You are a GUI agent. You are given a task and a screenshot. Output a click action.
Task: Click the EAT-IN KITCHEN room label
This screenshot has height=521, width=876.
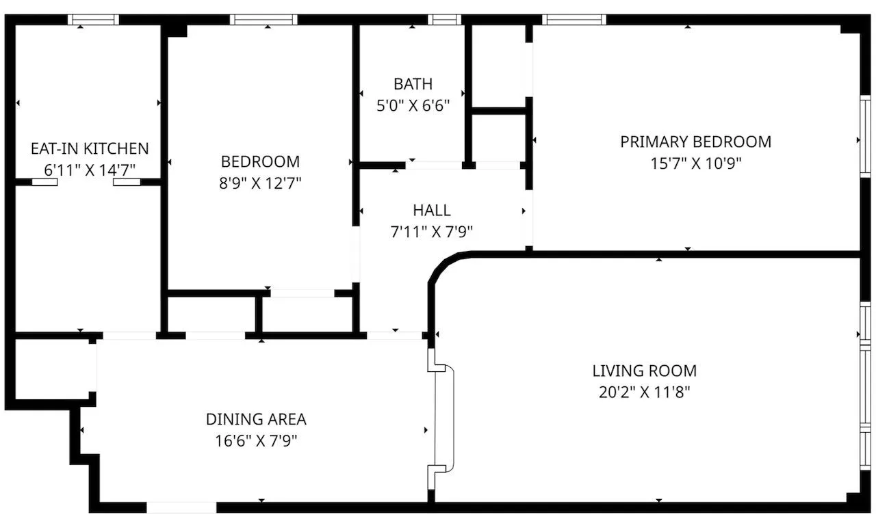pyautogui.click(x=90, y=149)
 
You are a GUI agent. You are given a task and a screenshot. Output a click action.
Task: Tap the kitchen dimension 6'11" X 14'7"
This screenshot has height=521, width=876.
pyautogui.click(x=90, y=170)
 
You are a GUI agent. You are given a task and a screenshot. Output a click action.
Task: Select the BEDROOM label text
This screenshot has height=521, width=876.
pyautogui.click(x=261, y=161)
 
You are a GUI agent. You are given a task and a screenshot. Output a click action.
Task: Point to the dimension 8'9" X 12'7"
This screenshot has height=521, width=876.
pyautogui.click(x=260, y=183)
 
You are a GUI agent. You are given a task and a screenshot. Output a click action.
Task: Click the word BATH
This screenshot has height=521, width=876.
pyautogui.click(x=413, y=84)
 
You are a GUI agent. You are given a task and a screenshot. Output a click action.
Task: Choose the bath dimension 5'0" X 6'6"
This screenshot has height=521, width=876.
pyautogui.click(x=413, y=105)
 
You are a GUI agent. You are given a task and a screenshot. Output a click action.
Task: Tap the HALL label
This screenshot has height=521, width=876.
pyautogui.click(x=432, y=211)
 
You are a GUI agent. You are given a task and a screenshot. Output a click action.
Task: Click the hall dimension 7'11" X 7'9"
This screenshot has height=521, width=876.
pyautogui.click(x=432, y=232)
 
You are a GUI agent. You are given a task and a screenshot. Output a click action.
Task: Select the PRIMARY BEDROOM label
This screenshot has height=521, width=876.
pyautogui.click(x=696, y=142)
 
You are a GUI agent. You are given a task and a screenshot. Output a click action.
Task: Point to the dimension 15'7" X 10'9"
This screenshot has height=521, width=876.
pyautogui.click(x=696, y=163)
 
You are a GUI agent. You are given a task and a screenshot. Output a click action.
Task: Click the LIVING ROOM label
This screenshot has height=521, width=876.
pyautogui.click(x=645, y=371)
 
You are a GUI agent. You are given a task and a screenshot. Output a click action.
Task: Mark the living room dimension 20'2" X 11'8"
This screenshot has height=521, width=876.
pyautogui.click(x=645, y=392)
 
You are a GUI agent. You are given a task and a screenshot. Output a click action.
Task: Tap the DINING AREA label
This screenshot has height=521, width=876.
pyautogui.click(x=256, y=419)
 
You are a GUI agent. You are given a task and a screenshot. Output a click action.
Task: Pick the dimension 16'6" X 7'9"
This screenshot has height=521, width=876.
pyautogui.click(x=256, y=441)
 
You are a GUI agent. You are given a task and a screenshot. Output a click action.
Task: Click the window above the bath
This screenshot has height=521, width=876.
pyautogui.click(x=444, y=20)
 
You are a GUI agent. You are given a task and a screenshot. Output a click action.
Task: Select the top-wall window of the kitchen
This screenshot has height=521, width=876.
pyautogui.click(x=93, y=20)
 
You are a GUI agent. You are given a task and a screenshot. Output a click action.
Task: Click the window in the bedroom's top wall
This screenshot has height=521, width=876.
pyautogui.click(x=263, y=20)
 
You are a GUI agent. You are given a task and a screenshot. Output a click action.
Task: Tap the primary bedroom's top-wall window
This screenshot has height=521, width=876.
pyautogui.click(x=574, y=20)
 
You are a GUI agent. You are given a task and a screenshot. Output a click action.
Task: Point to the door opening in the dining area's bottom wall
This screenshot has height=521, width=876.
pyautogui.click(x=181, y=507)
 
